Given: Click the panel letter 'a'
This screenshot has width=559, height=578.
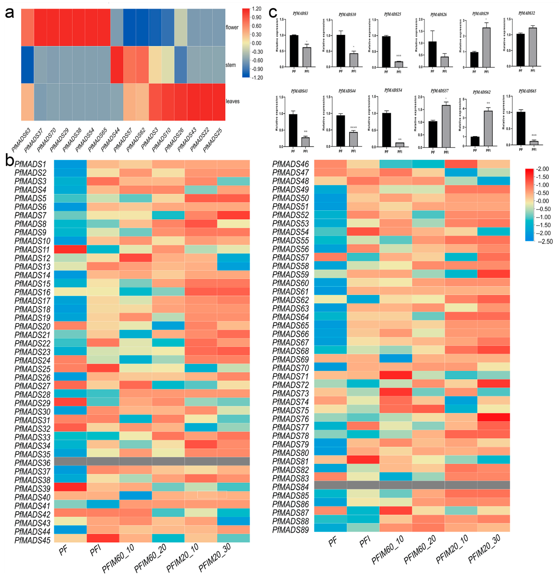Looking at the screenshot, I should pyautogui.click(x=9, y=13).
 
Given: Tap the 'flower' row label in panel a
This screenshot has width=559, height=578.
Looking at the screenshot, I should pyautogui.click(x=232, y=27).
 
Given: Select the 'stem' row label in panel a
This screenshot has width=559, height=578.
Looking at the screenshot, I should pyautogui.click(x=230, y=65).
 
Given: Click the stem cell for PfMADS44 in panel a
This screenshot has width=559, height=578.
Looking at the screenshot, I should pyautogui.click(x=117, y=65).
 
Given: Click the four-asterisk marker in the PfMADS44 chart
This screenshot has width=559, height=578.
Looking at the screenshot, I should pyautogui.click(x=353, y=128).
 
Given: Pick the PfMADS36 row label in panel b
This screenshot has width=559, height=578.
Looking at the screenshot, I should pyautogui.click(x=32, y=463).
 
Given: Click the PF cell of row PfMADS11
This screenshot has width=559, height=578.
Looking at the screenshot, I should pyautogui.click(x=70, y=249).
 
